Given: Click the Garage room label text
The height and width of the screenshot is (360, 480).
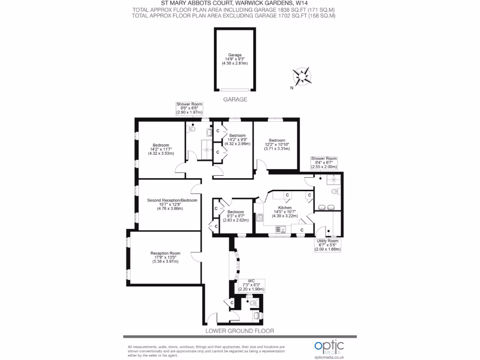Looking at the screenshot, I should pyautogui.click(x=235, y=59).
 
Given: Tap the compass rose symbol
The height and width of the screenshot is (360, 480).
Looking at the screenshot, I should pyautogui.click(x=302, y=75).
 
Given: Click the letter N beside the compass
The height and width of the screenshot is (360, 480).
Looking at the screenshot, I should pyautogui.click(x=292, y=88).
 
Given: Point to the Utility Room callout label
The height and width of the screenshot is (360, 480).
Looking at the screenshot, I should pyautogui.click(x=327, y=245).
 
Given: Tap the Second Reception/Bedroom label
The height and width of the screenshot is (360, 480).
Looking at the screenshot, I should pyautogui.click(x=172, y=204).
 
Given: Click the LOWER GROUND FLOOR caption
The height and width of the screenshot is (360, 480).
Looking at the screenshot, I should pyautogui.click(x=240, y=331).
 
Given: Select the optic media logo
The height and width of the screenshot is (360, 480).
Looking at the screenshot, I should pyautogui.click(x=329, y=347).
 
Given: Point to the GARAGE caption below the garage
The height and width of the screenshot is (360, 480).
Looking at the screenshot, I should pyautogui.click(x=235, y=100).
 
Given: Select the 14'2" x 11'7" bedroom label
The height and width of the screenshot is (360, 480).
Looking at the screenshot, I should pyautogui.click(x=161, y=149).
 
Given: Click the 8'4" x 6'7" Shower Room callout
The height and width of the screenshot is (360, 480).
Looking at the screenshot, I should pyautogui.click(x=324, y=162).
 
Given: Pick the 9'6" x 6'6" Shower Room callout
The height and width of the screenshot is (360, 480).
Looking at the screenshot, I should pyautogui.click(x=189, y=108).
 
